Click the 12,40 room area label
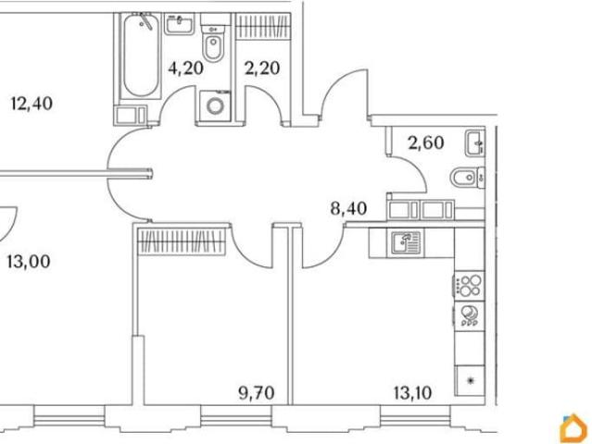(32, 104)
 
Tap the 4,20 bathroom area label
(186, 68)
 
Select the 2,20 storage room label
(262, 68)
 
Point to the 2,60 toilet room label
(426, 142)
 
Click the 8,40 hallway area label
(348, 208)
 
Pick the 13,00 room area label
(29, 262)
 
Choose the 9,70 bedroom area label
(257, 393)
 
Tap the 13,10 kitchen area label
(412, 393)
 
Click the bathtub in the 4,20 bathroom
(141, 55)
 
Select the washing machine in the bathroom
(215, 105)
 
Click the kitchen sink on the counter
(406, 242)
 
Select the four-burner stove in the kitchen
(469, 285)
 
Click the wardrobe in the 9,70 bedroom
(182, 241)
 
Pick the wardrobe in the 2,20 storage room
(263, 26)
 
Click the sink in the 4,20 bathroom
(180, 24)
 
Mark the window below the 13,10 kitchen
(415, 415)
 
